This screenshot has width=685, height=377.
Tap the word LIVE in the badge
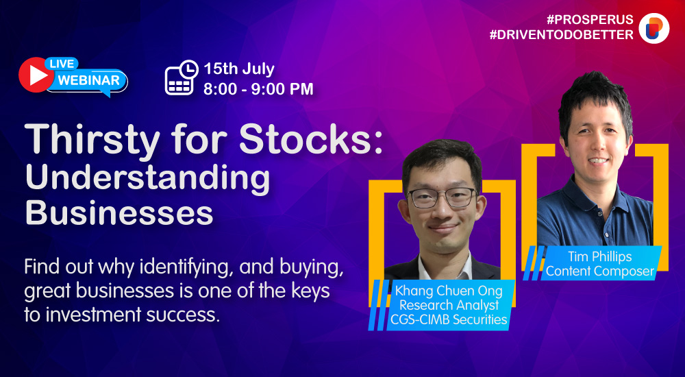click(x=62, y=64)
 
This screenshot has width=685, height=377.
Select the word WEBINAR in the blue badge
click(x=88, y=80)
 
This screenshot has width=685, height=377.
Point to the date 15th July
click(x=239, y=69)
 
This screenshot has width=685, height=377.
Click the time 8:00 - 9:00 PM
click(x=259, y=89)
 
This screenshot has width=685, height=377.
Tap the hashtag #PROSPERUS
click(x=590, y=20)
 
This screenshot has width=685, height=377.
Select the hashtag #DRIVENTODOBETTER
click(x=562, y=34)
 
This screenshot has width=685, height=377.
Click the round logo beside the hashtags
click(x=654, y=28)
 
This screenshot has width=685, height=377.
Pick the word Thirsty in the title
click(x=92, y=140)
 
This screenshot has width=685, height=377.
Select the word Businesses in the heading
click(x=119, y=212)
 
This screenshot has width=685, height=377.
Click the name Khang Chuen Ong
click(x=449, y=291)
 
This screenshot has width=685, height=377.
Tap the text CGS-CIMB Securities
click(x=449, y=319)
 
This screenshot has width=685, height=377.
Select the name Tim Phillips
click(x=600, y=257)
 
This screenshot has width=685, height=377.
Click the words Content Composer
click(x=600, y=271)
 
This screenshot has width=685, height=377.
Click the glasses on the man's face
click(x=442, y=197)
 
